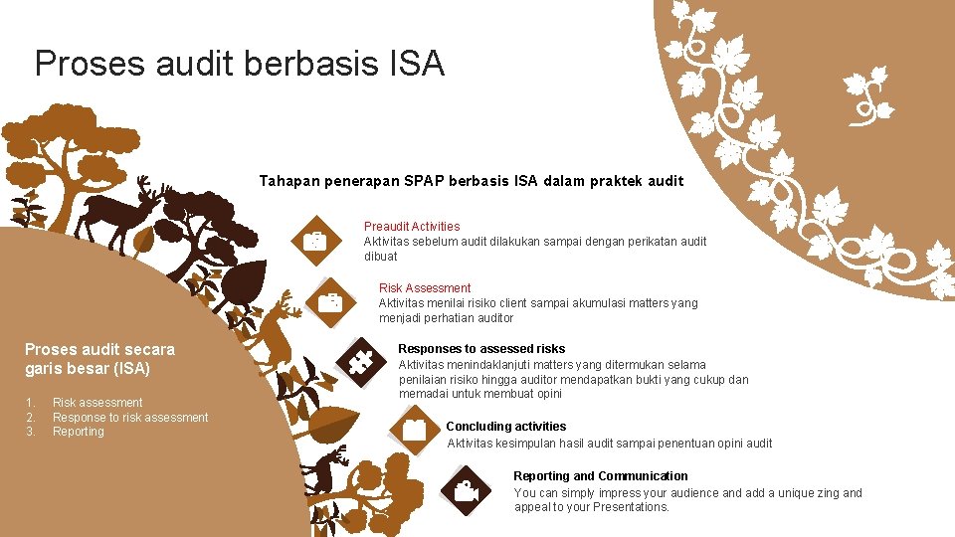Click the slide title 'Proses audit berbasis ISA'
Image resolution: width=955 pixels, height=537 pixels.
point(239,65)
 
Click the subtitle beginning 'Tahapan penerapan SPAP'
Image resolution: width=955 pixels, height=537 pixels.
point(471,181)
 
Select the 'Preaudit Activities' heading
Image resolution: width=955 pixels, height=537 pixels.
point(412,227)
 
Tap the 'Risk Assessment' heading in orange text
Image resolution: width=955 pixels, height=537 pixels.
point(425,288)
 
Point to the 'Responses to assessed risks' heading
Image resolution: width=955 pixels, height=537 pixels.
point(481,349)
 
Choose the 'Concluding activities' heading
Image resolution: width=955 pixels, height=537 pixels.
point(505,427)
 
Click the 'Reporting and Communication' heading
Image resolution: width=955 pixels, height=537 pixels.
point(600,476)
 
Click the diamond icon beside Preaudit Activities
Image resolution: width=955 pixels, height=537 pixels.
point(315,241)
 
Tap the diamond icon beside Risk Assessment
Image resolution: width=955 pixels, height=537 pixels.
point(330,302)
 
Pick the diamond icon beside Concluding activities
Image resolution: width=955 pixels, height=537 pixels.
point(414,430)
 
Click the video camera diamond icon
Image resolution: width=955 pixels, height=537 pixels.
point(465,491)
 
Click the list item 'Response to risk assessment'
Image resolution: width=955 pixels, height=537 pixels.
point(130,418)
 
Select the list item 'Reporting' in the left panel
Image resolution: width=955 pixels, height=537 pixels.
point(79,432)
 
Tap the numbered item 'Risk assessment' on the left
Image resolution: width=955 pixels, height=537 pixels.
point(97,403)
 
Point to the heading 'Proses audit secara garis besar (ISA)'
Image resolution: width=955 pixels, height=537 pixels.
point(99,359)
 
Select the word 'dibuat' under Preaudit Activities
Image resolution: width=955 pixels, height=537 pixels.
point(381,257)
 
